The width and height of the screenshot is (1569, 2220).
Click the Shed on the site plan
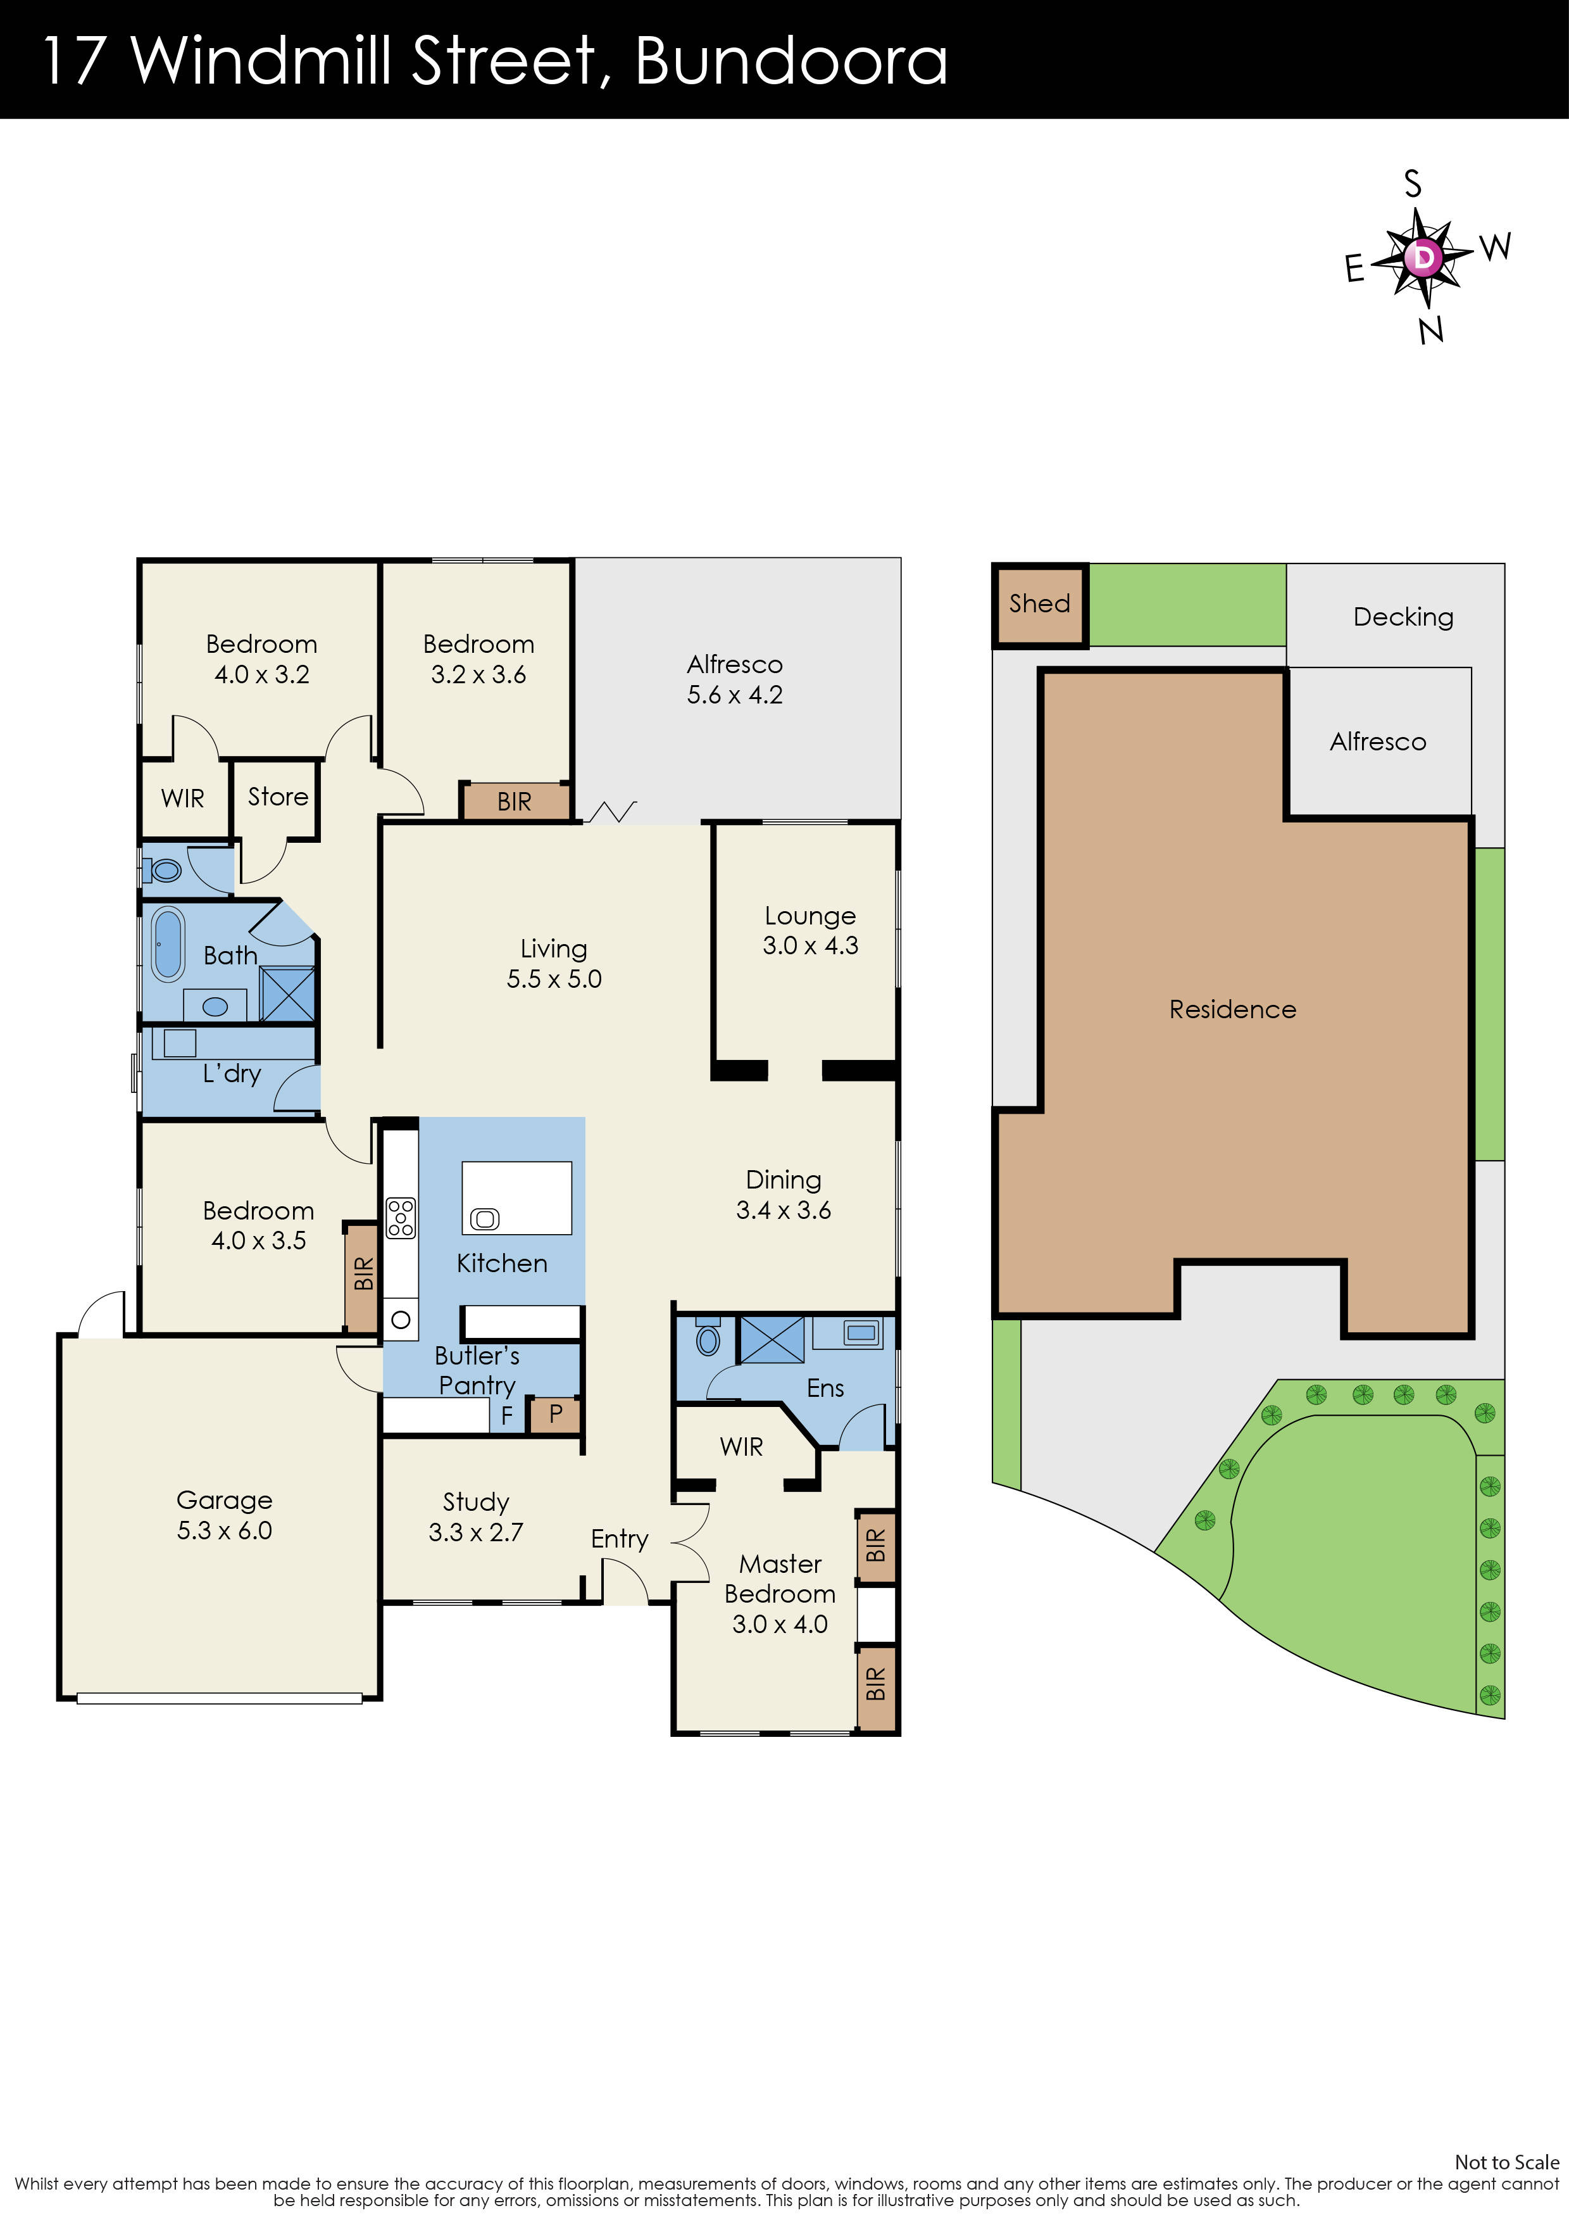[1039, 604]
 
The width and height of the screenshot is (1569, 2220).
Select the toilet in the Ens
[709, 1339]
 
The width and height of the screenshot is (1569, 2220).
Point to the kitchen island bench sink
[484, 1220]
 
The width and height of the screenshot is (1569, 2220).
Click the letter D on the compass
[1423, 257]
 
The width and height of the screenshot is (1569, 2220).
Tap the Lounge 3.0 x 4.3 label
[810, 930]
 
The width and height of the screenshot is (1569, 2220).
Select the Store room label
[277, 797]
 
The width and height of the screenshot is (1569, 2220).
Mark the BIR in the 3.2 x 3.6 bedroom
[515, 802]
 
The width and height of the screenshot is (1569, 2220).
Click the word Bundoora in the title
[791, 60]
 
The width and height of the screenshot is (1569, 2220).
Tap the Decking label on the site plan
[1403, 617]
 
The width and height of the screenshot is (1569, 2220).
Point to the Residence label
[1232, 1009]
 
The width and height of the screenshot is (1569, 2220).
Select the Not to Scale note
[1506, 2162]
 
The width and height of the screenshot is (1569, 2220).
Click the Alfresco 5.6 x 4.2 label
[735, 679]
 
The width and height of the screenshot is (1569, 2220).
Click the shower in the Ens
[772, 1339]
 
